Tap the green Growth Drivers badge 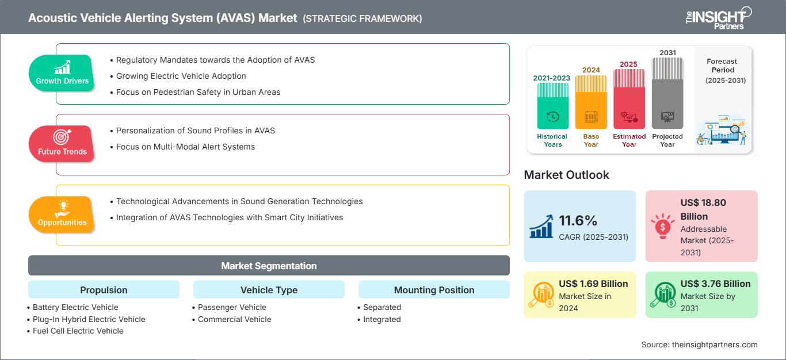(x=62, y=73)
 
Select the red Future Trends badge (x=62, y=144)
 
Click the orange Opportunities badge (x=62, y=215)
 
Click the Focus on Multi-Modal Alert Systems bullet (x=182, y=147)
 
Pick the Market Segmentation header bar (x=269, y=266)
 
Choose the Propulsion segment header (x=104, y=290)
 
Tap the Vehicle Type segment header (x=269, y=290)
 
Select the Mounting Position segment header (x=434, y=290)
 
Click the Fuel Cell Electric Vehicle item (x=75, y=331)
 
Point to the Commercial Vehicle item (x=232, y=319)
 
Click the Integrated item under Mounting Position (x=379, y=319)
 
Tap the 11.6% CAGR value (x=578, y=221)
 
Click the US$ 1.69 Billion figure (x=593, y=284)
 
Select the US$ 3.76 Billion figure (x=715, y=284)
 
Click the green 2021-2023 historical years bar (x=553, y=106)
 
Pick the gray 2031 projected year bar (x=667, y=93)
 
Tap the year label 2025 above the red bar (x=628, y=64)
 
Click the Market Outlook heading (x=566, y=175)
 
